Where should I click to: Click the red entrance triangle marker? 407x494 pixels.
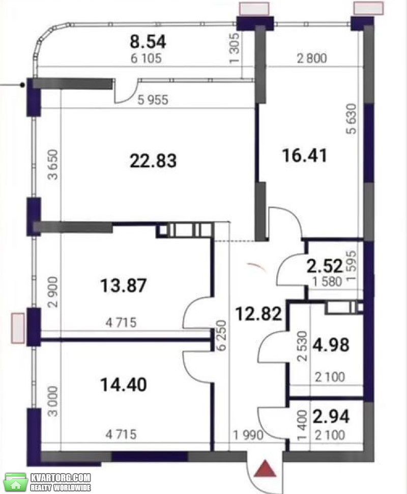(x=265, y=469)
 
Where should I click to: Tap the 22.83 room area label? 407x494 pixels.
(x=153, y=160)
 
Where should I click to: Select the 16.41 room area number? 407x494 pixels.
(x=304, y=156)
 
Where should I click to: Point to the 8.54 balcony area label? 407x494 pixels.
(x=148, y=42)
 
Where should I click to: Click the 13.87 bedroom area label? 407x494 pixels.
(x=124, y=285)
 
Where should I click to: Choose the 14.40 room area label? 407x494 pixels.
(x=124, y=385)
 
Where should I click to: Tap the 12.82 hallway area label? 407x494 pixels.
(x=259, y=314)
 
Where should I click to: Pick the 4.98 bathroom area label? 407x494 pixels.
(x=331, y=344)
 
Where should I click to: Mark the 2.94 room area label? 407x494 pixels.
(x=331, y=416)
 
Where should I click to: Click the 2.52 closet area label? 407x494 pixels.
(x=325, y=266)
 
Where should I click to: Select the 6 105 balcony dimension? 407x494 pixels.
(x=146, y=58)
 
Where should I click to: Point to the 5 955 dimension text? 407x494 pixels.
(x=153, y=100)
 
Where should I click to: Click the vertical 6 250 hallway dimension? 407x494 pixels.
(x=222, y=336)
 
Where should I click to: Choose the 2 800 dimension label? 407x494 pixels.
(x=312, y=58)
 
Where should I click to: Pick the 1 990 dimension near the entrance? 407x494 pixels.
(x=248, y=435)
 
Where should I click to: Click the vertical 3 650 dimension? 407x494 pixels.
(x=53, y=164)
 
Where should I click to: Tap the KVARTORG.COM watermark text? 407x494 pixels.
(x=61, y=478)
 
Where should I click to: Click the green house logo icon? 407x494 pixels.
(x=15, y=482)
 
